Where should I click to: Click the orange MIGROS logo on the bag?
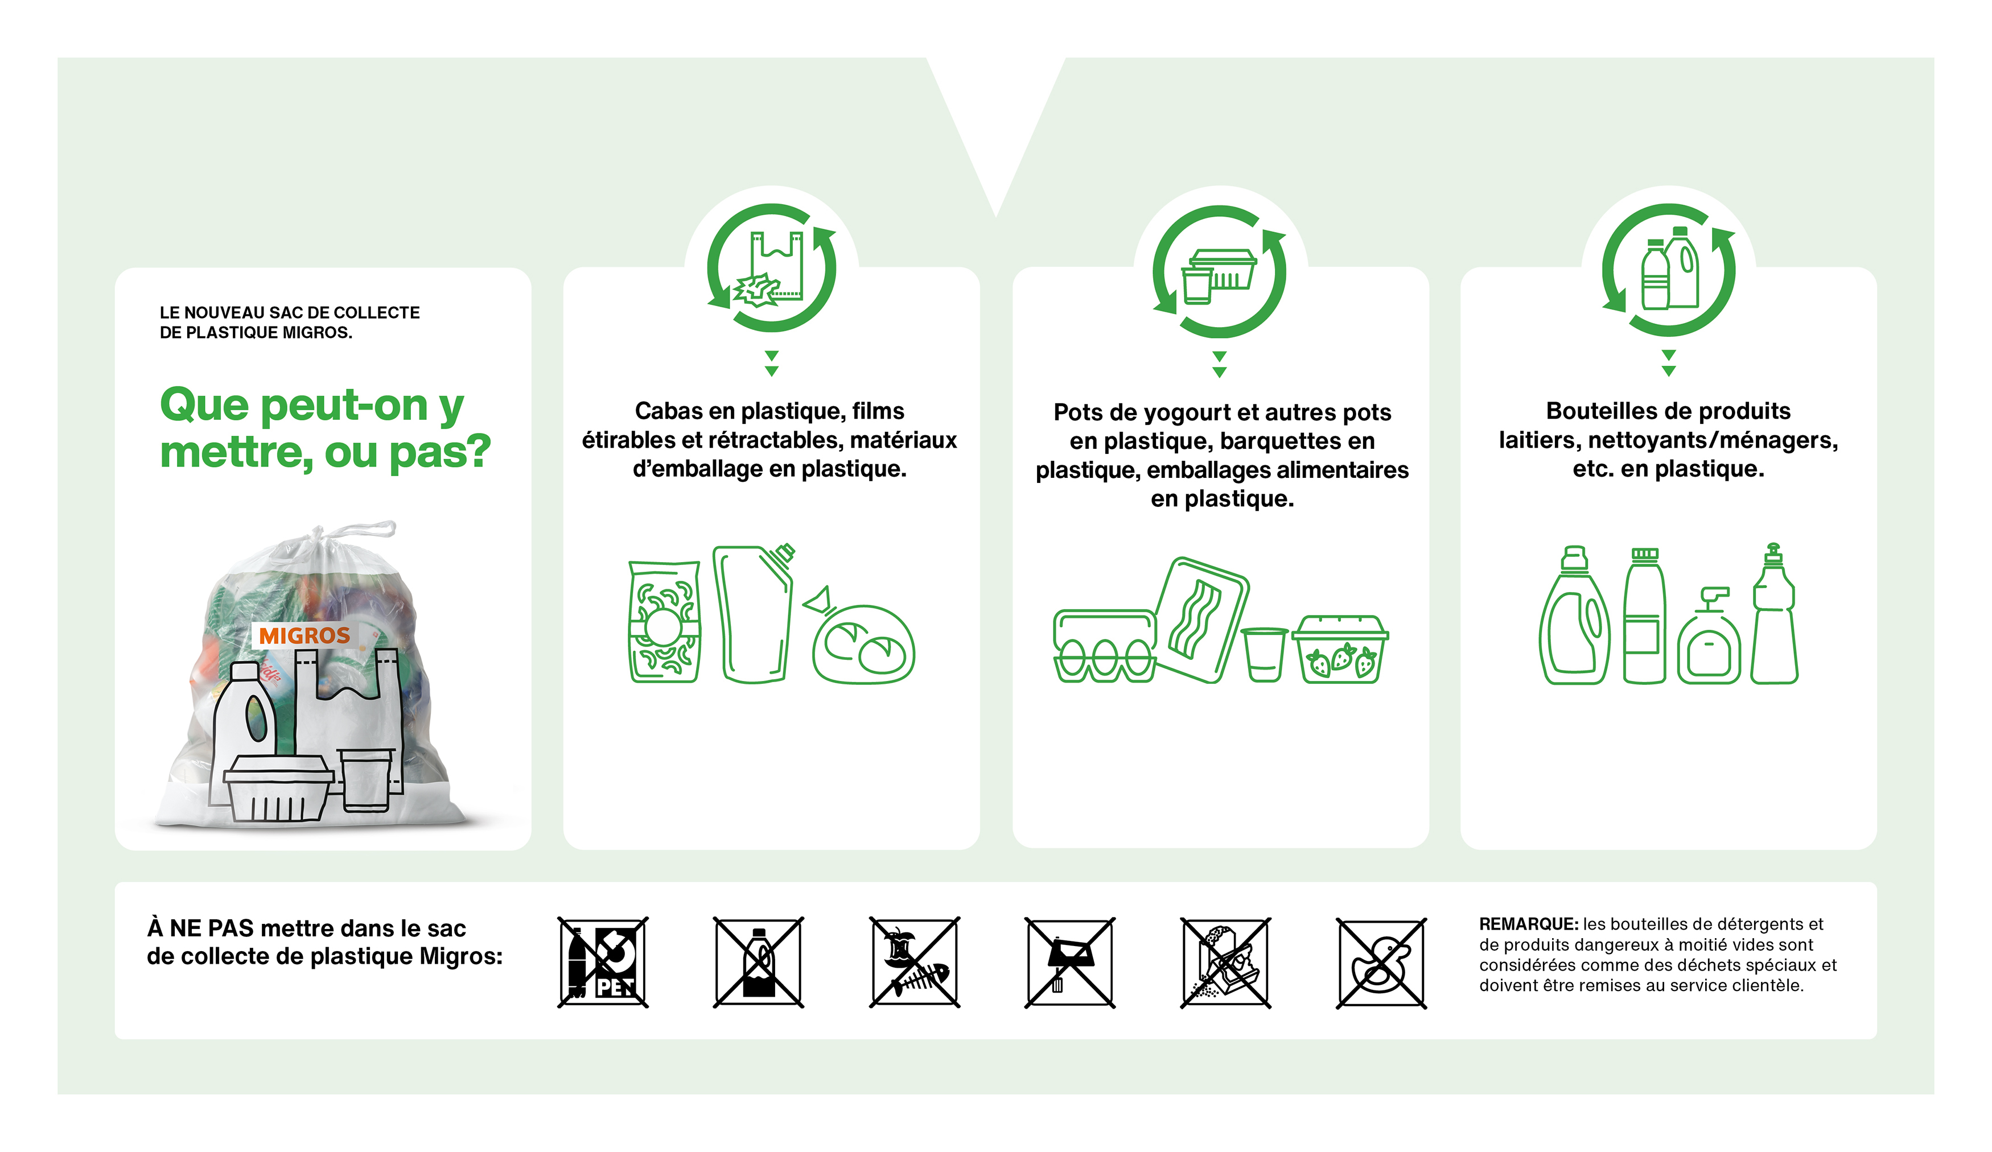(304, 635)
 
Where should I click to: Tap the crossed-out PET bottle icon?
(603, 963)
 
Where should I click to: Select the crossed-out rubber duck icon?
(1381, 963)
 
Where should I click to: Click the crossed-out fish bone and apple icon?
(915, 963)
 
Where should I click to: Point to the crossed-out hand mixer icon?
(1069, 963)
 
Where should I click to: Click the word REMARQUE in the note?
(1527, 924)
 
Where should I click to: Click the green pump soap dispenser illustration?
(1709, 638)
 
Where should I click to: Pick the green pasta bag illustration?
(664, 622)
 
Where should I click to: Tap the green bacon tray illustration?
(1201, 620)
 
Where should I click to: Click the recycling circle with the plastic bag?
(772, 268)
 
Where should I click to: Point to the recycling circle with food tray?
(1220, 271)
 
